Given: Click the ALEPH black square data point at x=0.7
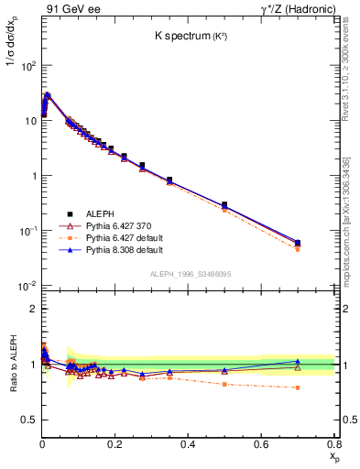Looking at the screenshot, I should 298,243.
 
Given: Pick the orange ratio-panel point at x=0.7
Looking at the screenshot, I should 298,387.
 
